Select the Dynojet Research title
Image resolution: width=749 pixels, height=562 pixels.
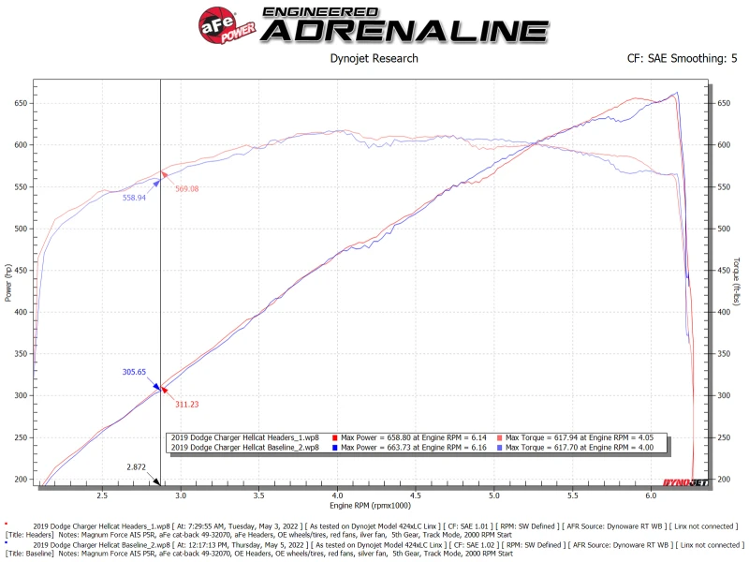(x=374, y=58)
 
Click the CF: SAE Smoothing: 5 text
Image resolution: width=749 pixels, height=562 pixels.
(x=682, y=58)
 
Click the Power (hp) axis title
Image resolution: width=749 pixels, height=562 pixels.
(x=8, y=281)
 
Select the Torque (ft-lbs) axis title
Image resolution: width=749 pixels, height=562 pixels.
(x=738, y=281)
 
